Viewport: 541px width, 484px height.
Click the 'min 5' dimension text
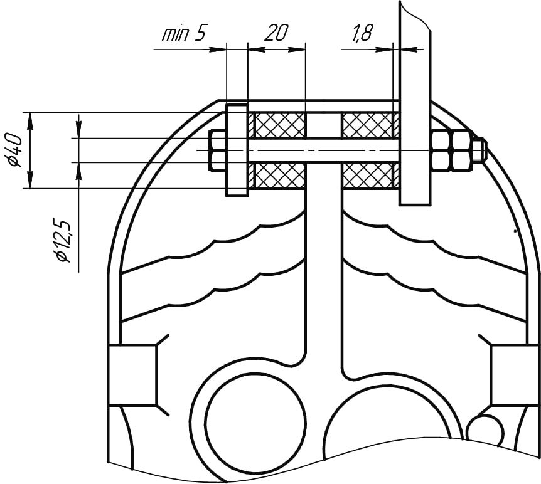pyautogui.click(x=184, y=33)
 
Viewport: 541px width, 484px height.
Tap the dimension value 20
pyautogui.click(x=276, y=33)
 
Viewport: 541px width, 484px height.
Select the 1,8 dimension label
pyautogui.click(x=362, y=33)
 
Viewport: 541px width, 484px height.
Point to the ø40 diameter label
pyautogui.click(x=15, y=150)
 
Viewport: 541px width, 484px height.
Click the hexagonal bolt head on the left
pyautogui.click(x=217, y=150)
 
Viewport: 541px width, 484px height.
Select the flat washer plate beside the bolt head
pyautogui.click(x=237, y=150)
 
